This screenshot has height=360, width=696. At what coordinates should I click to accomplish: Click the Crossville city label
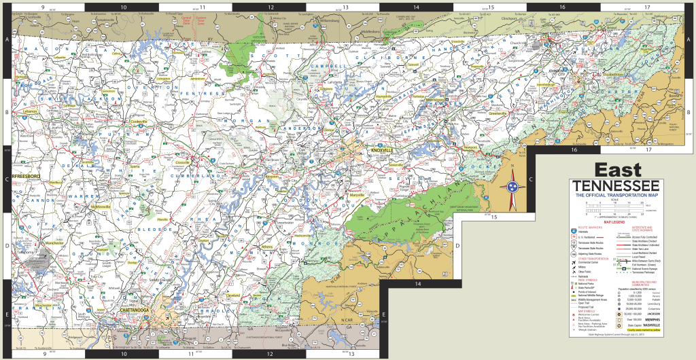pyautogui.click(x=182, y=163)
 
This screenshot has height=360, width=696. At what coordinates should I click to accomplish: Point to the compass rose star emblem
pyautogui.click(x=512, y=187)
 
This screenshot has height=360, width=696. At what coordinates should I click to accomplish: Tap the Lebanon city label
pyautogui.click(x=31, y=111)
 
